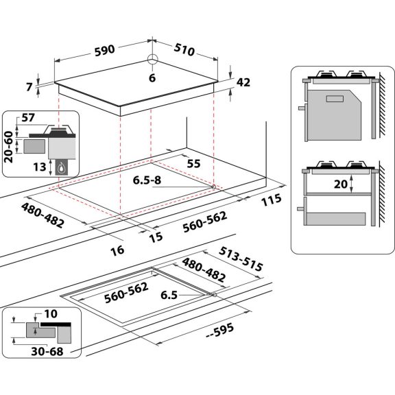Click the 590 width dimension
pyautogui.click(x=105, y=50)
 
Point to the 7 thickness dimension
pyautogui.click(x=29, y=87)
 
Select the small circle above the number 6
pyautogui.click(x=152, y=60)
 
